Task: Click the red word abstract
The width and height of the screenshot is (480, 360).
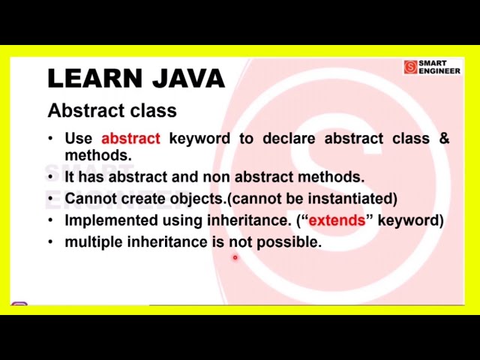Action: (x=130, y=139)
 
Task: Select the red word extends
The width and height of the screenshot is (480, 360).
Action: (x=336, y=220)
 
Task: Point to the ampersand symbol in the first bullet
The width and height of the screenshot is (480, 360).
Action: (x=444, y=139)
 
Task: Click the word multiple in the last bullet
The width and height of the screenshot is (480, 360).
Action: (x=93, y=242)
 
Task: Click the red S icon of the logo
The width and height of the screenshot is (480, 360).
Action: (x=410, y=67)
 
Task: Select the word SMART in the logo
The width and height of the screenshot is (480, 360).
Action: (x=433, y=64)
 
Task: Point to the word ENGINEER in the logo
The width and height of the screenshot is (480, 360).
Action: (x=439, y=71)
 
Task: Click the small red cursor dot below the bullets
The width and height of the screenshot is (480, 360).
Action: (x=235, y=258)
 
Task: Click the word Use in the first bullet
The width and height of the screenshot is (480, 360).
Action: (x=79, y=139)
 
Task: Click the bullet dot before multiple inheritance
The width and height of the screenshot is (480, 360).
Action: (x=50, y=242)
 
